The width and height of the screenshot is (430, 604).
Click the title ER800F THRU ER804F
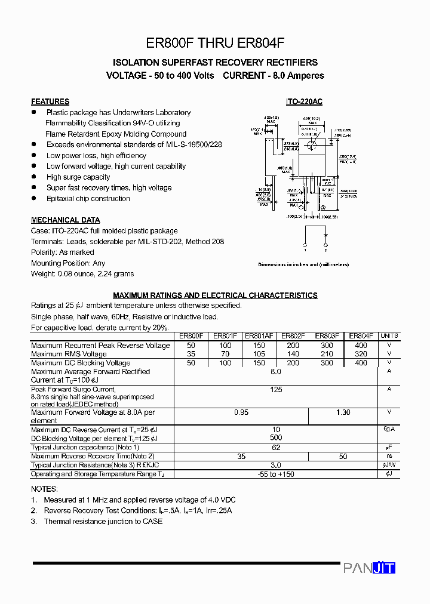click(215, 43)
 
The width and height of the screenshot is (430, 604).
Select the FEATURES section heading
click(50, 101)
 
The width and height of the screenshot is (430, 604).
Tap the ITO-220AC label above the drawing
click(303, 101)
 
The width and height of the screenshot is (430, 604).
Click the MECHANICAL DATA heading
click(66, 220)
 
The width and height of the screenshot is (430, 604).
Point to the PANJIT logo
click(369, 568)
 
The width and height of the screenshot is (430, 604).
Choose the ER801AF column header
click(259, 336)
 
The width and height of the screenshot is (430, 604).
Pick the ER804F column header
click(361, 336)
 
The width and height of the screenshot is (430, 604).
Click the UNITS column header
click(389, 336)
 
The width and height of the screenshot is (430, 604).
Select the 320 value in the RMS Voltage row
click(361, 354)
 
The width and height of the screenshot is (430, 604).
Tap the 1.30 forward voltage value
click(343, 412)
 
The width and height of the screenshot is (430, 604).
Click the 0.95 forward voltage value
click(241, 412)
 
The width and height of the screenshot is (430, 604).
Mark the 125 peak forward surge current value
click(275, 389)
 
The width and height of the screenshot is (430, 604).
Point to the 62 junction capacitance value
click(275, 447)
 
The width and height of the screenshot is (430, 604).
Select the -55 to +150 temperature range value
click(275, 474)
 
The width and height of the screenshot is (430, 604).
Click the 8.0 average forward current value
click(275, 371)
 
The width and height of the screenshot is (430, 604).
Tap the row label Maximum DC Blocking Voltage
click(81, 363)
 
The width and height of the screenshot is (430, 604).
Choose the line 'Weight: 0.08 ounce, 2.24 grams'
click(82, 274)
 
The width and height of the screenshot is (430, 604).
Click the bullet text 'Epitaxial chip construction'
click(88, 199)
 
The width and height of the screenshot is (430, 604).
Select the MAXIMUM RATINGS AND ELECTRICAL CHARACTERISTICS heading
click(215, 295)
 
